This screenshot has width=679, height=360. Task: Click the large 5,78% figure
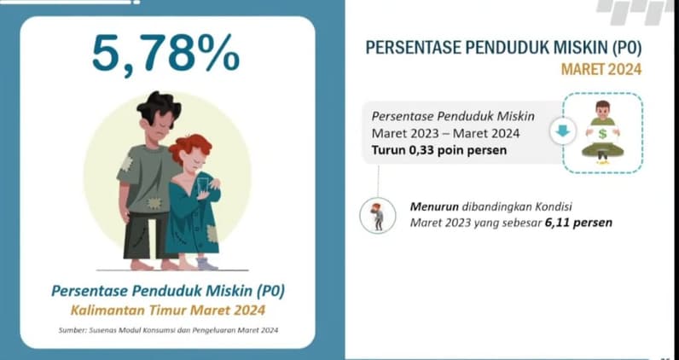[x=165, y=54]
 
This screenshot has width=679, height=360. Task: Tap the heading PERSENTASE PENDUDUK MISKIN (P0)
[x=503, y=48]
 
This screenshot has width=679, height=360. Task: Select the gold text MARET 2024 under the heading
[x=601, y=69]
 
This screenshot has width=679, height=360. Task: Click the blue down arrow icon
[x=562, y=131]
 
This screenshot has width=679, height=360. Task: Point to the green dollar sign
[x=602, y=134]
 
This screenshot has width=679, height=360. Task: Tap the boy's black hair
[x=159, y=107]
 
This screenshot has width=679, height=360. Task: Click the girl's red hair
[x=189, y=147]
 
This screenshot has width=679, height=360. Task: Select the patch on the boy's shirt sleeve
[x=125, y=164]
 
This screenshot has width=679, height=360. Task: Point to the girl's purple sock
[x=207, y=263]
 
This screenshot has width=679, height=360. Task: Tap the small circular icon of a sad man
[x=378, y=215]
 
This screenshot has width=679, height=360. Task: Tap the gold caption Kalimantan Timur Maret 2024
[x=168, y=311]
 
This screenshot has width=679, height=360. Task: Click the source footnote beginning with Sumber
[x=168, y=330]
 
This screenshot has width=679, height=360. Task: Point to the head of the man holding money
[x=602, y=109]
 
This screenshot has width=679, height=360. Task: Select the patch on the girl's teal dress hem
[x=212, y=234]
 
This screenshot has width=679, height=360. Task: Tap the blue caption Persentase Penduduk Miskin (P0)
[x=168, y=291]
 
